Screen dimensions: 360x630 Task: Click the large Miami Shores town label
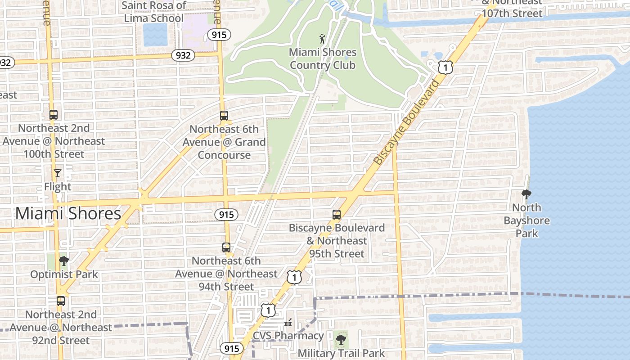[68, 213]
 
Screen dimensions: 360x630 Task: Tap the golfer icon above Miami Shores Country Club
[322, 38]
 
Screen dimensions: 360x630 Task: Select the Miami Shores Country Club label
[323, 58]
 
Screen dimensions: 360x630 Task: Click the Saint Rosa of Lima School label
[154, 12]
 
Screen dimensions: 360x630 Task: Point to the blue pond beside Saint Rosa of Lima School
[155, 35]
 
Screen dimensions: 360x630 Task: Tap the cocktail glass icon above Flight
[58, 173]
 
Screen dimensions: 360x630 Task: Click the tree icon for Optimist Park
[64, 261]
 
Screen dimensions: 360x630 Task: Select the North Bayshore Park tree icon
[526, 194]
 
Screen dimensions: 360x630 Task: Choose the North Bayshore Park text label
[526, 220]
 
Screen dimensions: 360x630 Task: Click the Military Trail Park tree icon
[341, 339]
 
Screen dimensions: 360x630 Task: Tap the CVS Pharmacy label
[288, 336]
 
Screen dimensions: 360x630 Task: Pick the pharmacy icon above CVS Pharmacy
[288, 323]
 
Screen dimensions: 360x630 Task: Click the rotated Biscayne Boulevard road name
[406, 122]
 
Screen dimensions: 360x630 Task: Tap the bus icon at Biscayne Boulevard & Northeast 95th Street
[337, 215]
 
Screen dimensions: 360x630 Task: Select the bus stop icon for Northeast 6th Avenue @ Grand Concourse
[224, 116]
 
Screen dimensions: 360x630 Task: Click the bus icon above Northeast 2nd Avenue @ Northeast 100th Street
[54, 115]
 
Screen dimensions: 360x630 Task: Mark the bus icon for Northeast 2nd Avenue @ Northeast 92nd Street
[61, 301]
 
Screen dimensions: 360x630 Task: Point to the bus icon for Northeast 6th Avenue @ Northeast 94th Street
[226, 247]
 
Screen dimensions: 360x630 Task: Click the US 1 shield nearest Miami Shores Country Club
[445, 67]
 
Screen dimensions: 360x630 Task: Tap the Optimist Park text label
[64, 274]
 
